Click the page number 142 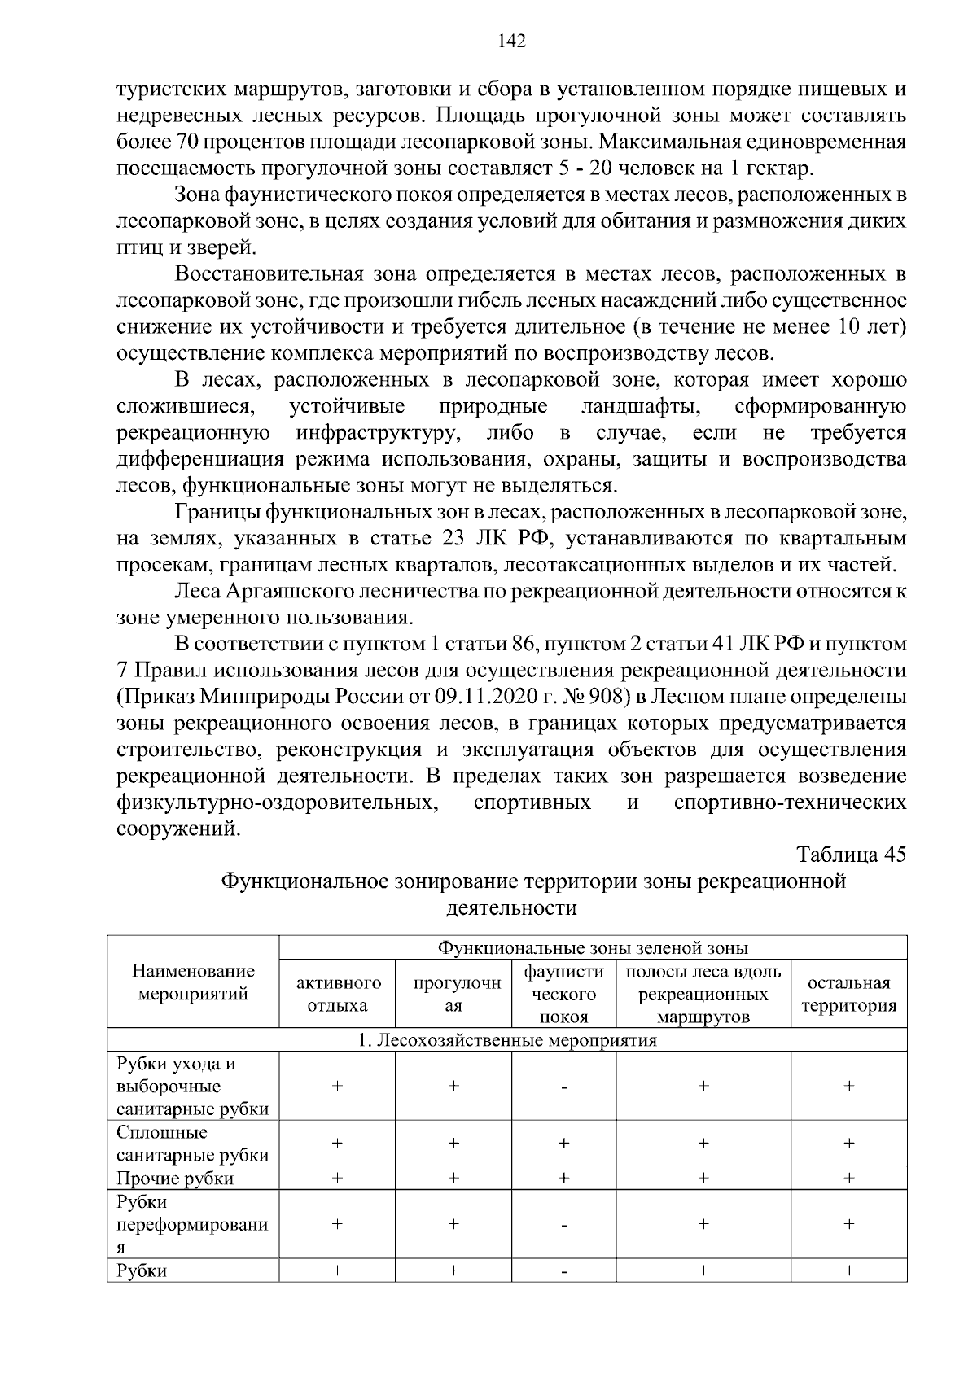[511, 42]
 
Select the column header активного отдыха [337, 994]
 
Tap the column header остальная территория [848, 994]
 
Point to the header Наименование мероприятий [194, 982]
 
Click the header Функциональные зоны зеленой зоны [593, 947]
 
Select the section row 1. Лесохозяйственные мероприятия [507, 1040]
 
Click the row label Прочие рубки [175, 1179]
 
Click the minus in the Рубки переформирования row [563, 1224]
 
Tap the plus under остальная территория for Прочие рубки [848, 1178]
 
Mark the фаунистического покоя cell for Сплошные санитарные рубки [563, 1144]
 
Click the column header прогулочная [453, 994]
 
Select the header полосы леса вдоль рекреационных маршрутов [703, 994]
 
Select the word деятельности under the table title [511, 908]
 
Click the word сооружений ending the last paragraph [178, 829]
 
